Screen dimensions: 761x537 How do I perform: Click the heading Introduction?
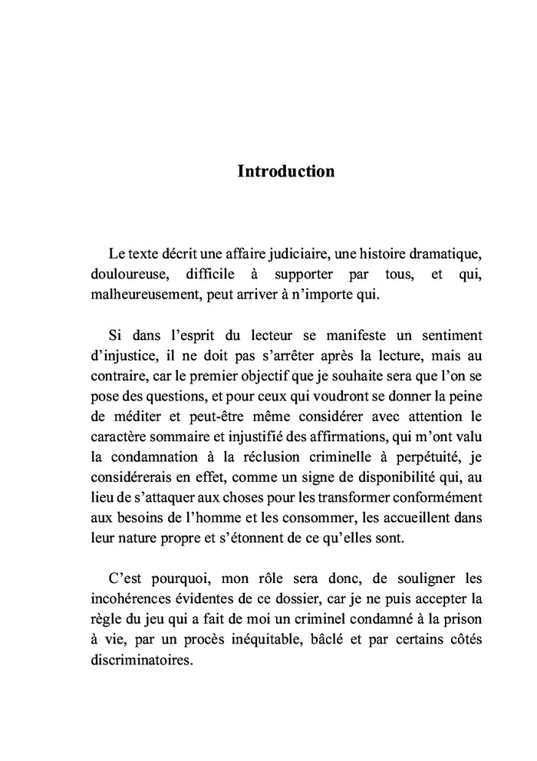pyautogui.click(x=285, y=171)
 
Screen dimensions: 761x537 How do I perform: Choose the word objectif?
pyautogui.click(x=272, y=378)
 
